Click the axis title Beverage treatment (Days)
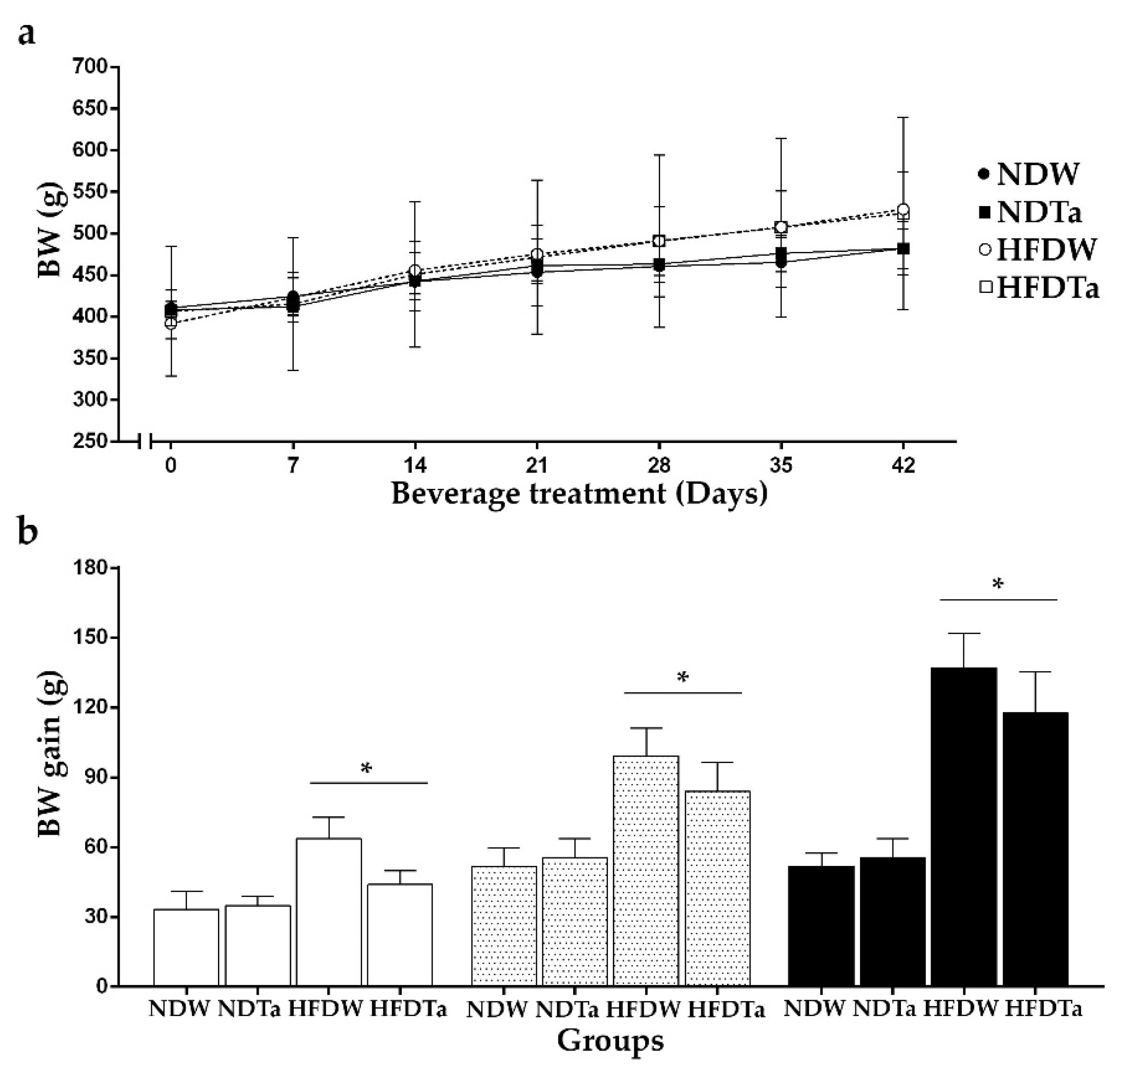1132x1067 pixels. [579, 493]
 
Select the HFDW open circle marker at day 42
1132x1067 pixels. [903, 209]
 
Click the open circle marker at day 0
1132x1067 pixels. [171, 323]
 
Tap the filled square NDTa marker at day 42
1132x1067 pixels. [903, 249]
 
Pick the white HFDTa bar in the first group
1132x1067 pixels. [400, 933]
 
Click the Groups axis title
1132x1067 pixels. [611, 1040]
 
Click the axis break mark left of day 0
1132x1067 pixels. [145, 441]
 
